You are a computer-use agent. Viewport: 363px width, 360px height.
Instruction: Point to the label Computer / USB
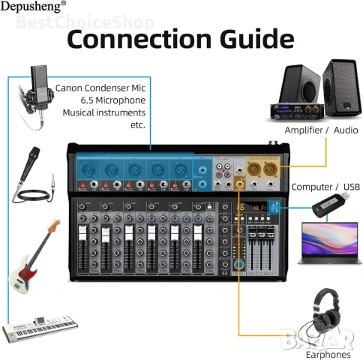click(x=325, y=186)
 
